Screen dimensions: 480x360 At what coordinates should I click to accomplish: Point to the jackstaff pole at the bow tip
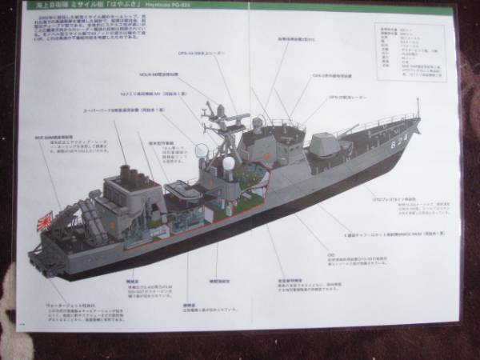click(418, 110)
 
